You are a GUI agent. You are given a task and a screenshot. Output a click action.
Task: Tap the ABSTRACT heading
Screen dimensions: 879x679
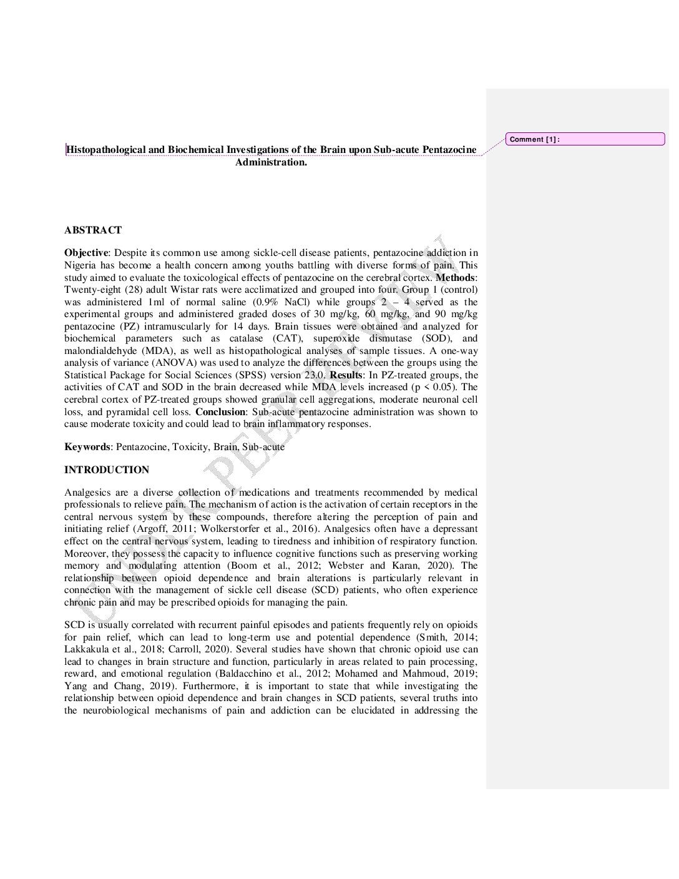click(x=93, y=230)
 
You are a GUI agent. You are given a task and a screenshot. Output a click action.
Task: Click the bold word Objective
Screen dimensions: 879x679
click(x=86, y=253)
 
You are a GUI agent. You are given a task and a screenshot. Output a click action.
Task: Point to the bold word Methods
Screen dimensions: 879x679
click(x=455, y=277)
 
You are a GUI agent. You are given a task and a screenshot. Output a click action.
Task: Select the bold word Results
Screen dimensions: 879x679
click(x=346, y=375)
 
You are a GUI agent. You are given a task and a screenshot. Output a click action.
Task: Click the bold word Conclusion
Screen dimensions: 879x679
click(x=220, y=412)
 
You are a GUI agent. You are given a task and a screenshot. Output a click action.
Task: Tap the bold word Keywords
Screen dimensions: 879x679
click(x=87, y=447)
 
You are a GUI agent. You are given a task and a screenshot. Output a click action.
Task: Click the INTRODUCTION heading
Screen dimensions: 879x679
click(x=107, y=470)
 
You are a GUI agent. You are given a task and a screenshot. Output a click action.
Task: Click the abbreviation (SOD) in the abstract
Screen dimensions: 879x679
click(x=437, y=338)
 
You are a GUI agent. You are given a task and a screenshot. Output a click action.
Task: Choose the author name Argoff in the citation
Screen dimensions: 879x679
click(x=151, y=529)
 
